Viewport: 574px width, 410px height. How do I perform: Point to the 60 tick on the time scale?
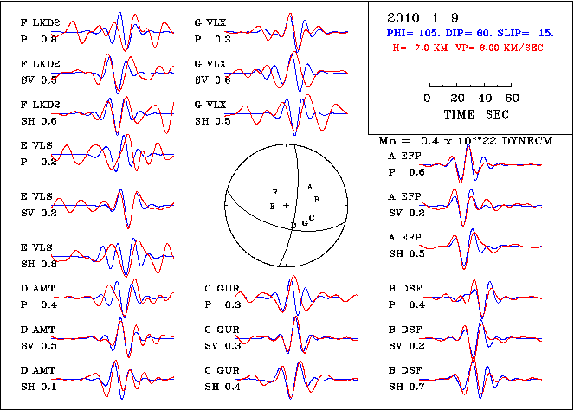[512, 98]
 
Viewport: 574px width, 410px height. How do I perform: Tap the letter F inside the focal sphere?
[274, 191]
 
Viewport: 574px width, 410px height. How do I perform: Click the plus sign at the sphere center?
[286, 206]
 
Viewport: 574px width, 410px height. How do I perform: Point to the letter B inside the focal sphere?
[317, 200]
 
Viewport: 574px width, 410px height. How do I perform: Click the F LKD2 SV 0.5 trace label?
[40, 74]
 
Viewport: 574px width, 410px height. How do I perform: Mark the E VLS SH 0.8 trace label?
[40, 256]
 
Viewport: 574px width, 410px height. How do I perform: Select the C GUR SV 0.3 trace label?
[222, 338]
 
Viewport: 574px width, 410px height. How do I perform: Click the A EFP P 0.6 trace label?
[407, 165]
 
